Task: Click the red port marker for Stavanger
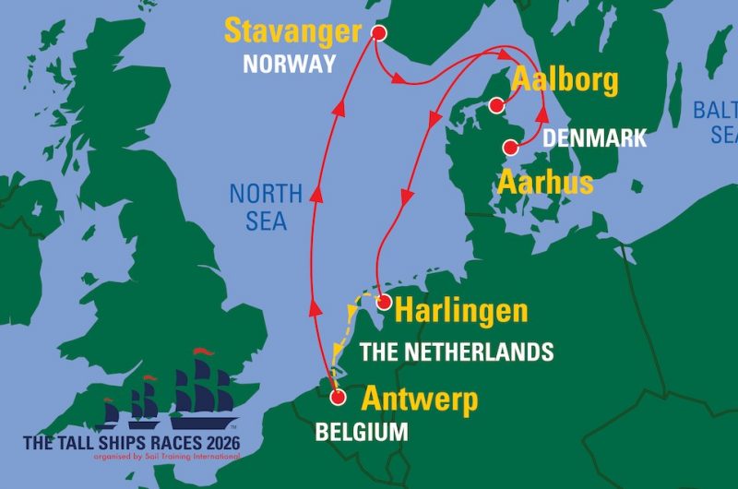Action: [377, 33]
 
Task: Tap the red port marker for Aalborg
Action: [497, 104]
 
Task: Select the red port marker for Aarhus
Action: [508, 147]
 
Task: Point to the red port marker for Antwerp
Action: [338, 398]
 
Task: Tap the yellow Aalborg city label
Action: [565, 81]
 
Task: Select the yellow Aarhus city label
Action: [546, 182]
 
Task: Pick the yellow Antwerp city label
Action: [420, 400]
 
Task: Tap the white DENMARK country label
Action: [594, 139]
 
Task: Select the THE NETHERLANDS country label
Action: [456, 352]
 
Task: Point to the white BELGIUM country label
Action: [361, 432]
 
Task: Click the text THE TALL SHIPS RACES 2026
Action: [131, 442]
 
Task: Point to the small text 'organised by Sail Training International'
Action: [153, 456]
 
